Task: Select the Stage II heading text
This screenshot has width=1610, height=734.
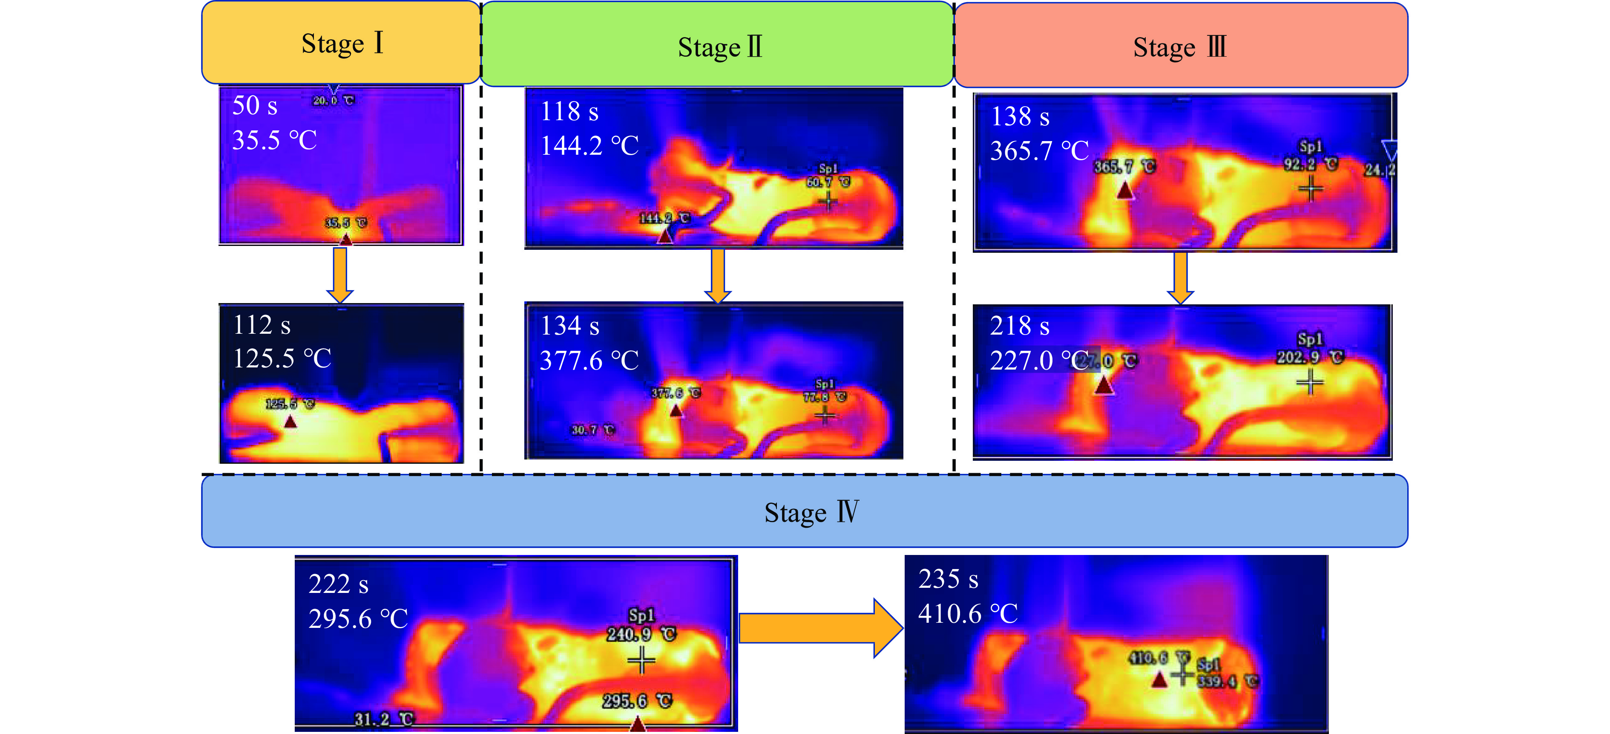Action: (719, 47)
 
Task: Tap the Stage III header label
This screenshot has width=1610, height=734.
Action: (1179, 47)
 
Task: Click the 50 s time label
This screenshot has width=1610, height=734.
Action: (254, 106)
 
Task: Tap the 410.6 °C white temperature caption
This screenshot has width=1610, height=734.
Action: (968, 614)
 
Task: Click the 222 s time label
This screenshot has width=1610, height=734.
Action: (338, 584)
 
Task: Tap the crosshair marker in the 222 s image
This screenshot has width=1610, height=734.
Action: (641, 660)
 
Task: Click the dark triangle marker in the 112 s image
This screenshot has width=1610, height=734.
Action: (290, 422)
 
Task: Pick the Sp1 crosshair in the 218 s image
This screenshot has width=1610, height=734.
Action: (1309, 382)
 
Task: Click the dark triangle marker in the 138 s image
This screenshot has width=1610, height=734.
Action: (1125, 190)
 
